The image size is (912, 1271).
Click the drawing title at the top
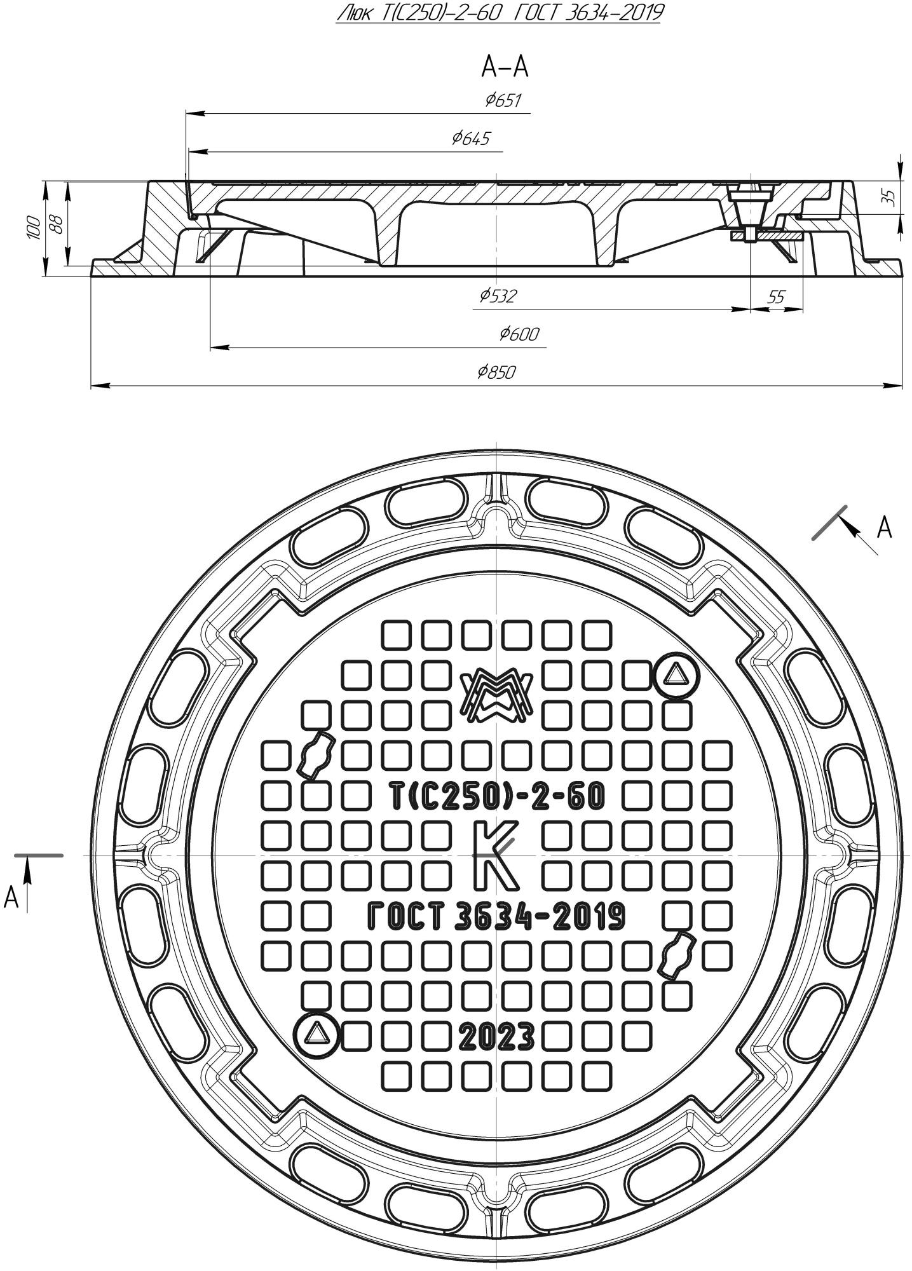pyautogui.click(x=498, y=13)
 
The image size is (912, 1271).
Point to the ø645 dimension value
pyautogui.click(x=471, y=139)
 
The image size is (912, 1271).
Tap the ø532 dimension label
pyautogui.click(x=498, y=296)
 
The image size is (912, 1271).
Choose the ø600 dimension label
pyautogui.click(x=519, y=334)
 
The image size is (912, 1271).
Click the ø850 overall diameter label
pyautogui.click(x=496, y=372)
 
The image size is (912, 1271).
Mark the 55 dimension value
pyautogui.click(x=776, y=297)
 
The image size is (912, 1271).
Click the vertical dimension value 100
pyautogui.click(x=34, y=228)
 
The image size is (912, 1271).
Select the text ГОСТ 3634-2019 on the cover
pyautogui.click(x=496, y=916)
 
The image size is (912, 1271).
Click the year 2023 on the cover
pyautogui.click(x=496, y=1038)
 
